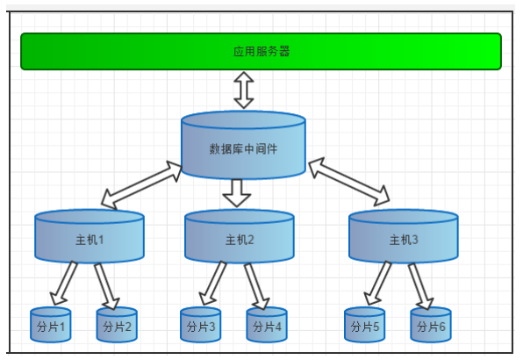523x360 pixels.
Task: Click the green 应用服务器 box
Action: pyautogui.click(x=261, y=52)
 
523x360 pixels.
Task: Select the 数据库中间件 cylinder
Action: pyautogui.click(x=243, y=145)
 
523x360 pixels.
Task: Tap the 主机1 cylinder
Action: pyautogui.click(x=90, y=236)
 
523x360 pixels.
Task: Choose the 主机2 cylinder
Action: pyautogui.click(x=240, y=236)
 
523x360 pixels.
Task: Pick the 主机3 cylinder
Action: pyautogui.click(x=404, y=236)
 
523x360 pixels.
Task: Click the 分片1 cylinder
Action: pyautogui.click(x=50, y=325)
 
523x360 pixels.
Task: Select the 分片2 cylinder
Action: pyautogui.click(x=117, y=325)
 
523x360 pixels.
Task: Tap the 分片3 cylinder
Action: pyautogui.click(x=200, y=325)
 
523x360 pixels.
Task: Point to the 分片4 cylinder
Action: pyautogui.click(x=267, y=325)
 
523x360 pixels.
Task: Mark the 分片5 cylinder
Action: pyautogui.click(x=364, y=325)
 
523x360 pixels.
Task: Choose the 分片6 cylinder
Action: pyautogui.click(x=431, y=325)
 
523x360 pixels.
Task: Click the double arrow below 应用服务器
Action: pyautogui.click(x=244, y=90)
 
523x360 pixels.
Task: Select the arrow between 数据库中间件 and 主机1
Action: pyautogui.click(x=142, y=185)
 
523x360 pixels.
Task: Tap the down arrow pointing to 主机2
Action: pyautogui.click(x=237, y=193)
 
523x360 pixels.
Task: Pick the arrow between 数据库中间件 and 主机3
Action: pyautogui.click(x=349, y=182)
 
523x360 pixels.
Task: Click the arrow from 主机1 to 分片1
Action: pyautogui.click(x=64, y=284)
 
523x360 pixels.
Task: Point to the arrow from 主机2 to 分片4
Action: pyautogui.click(x=256, y=286)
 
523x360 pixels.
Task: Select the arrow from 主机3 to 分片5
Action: pyautogui.click(x=378, y=284)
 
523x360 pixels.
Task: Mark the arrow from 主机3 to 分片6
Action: pyautogui.click(x=420, y=286)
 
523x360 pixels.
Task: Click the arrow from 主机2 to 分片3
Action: pyautogui.click(x=213, y=284)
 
